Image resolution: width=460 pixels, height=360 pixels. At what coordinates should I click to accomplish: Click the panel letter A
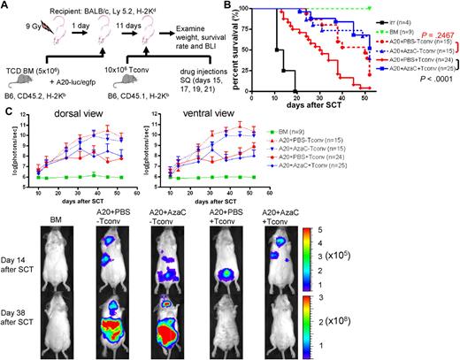(5, 6)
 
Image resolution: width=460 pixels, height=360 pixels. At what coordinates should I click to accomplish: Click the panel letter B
(235, 6)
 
